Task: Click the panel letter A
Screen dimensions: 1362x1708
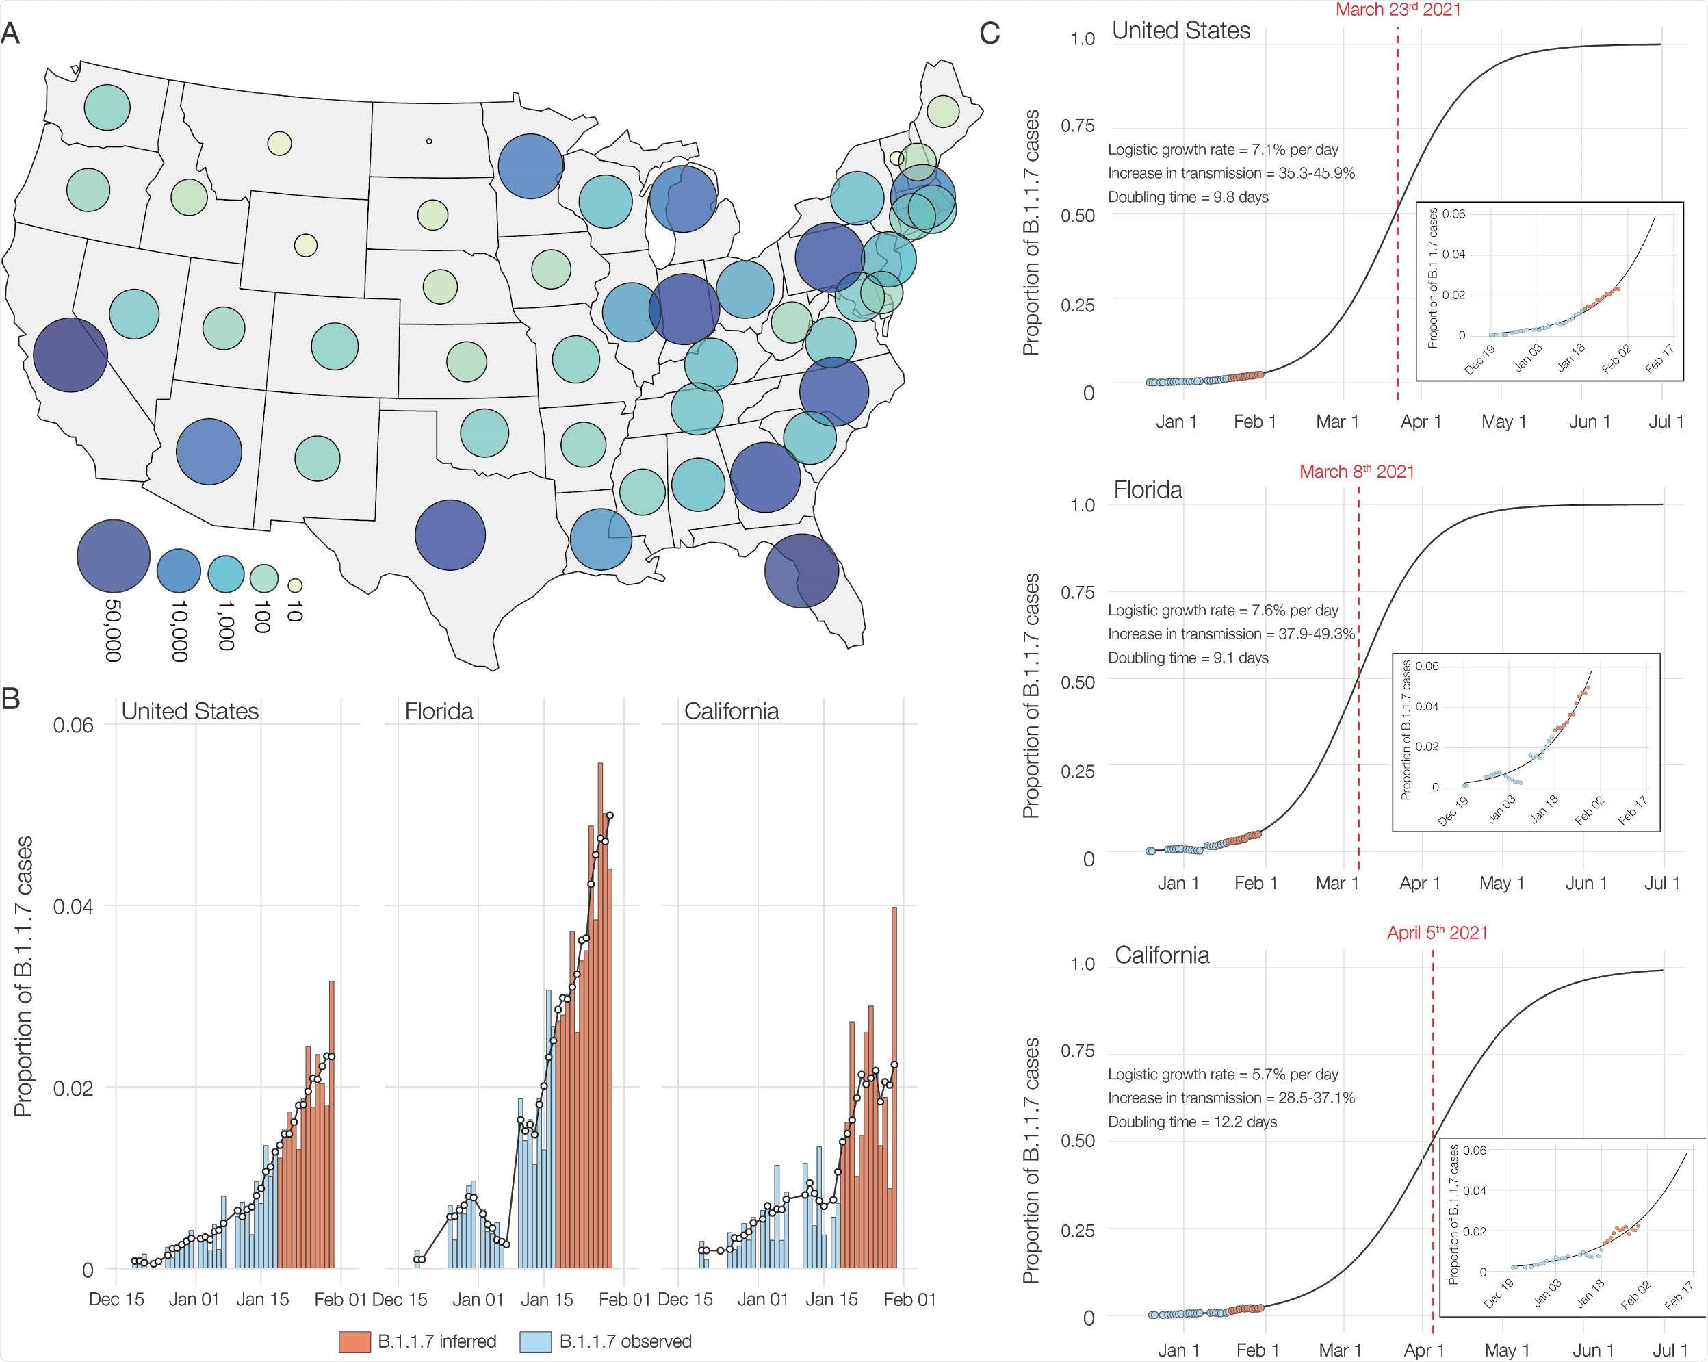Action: pos(11,34)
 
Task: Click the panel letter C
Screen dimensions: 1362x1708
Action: pos(989,34)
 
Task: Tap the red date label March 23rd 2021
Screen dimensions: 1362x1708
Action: pos(1397,10)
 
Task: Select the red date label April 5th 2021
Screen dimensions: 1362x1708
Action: pos(1437,933)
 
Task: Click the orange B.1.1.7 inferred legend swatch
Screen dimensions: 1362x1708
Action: pos(354,1341)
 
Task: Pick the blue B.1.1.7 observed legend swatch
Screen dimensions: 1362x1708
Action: pos(536,1341)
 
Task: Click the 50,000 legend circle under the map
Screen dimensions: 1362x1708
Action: pos(114,556)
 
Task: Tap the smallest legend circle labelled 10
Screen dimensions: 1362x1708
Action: pos(295,586)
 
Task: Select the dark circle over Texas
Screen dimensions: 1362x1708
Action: pos(450,535)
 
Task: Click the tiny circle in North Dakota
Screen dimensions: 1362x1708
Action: pos(428,141)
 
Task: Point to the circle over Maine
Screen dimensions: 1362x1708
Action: pos(943,111)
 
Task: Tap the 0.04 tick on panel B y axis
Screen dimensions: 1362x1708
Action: pos(73,905)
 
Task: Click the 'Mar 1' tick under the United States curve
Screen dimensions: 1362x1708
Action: pos(1337,422)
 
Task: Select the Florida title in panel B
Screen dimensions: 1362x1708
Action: pos(439,710)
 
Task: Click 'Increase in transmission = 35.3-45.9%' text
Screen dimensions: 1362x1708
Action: pos(1231,172)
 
